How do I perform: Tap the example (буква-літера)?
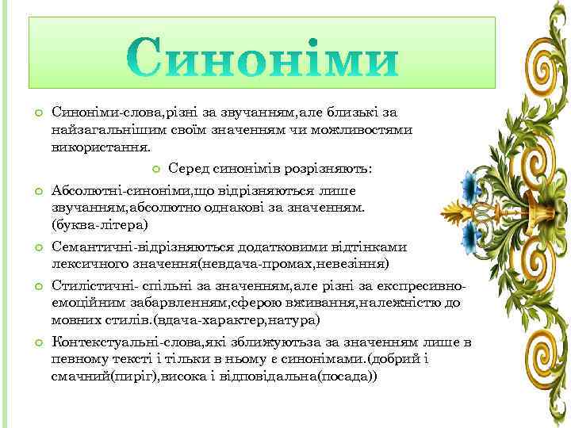coord(99,225)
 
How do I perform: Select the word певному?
coord(78,359)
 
